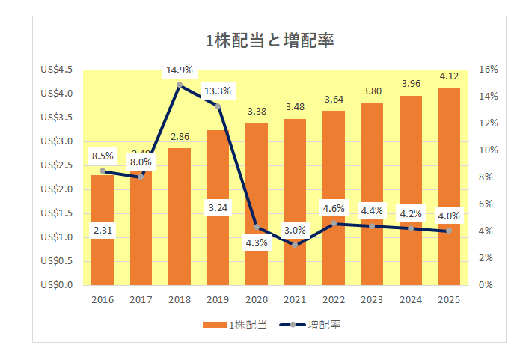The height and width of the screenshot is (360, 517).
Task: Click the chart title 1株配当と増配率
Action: coord(269,40)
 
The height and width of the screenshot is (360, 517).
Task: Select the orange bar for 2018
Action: coord(180,217)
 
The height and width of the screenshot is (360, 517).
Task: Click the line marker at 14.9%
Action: coord(180,85)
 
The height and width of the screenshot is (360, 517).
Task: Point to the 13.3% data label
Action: coord(218,91)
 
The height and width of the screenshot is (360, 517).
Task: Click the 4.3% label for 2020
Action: coord(257,242)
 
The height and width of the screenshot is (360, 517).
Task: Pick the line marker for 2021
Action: coord(295,244)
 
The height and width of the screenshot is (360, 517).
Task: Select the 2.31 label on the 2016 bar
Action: coord(103,231)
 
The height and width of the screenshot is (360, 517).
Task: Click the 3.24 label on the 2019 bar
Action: coord(218,206)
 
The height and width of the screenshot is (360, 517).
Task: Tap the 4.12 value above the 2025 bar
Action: coord(449,76)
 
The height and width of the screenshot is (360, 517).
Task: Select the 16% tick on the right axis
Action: coord(488,70)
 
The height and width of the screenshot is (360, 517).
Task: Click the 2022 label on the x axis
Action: coord(334,300)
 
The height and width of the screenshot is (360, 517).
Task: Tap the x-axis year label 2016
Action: coord(103,300)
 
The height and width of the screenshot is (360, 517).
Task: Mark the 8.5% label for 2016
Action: coord(103,156)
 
